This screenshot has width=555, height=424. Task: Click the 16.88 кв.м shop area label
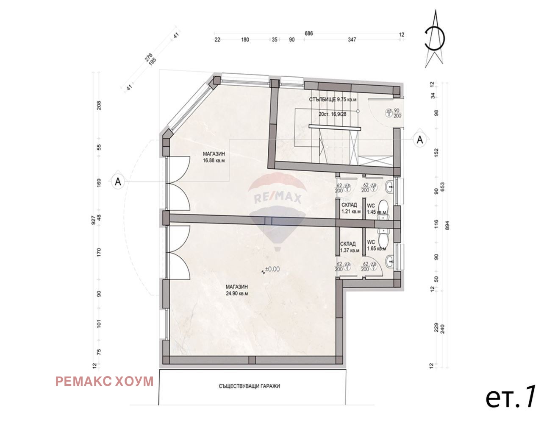point(214,157)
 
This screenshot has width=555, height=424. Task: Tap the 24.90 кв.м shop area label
point(236,290)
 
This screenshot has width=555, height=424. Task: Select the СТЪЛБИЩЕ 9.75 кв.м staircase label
point(333,99)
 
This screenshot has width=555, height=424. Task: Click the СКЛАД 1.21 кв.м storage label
point(351,208)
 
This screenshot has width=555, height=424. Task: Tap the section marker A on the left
point(118,181)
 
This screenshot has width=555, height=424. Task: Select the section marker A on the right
point(420,139)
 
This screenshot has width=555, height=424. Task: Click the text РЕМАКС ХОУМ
point(104,381)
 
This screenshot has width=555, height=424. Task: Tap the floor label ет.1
point(511,397)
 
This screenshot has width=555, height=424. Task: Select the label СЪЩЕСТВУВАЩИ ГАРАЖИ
point(250,386)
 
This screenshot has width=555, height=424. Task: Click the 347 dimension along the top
point(352,40)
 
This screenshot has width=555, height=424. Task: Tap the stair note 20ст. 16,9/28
point(334,114)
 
